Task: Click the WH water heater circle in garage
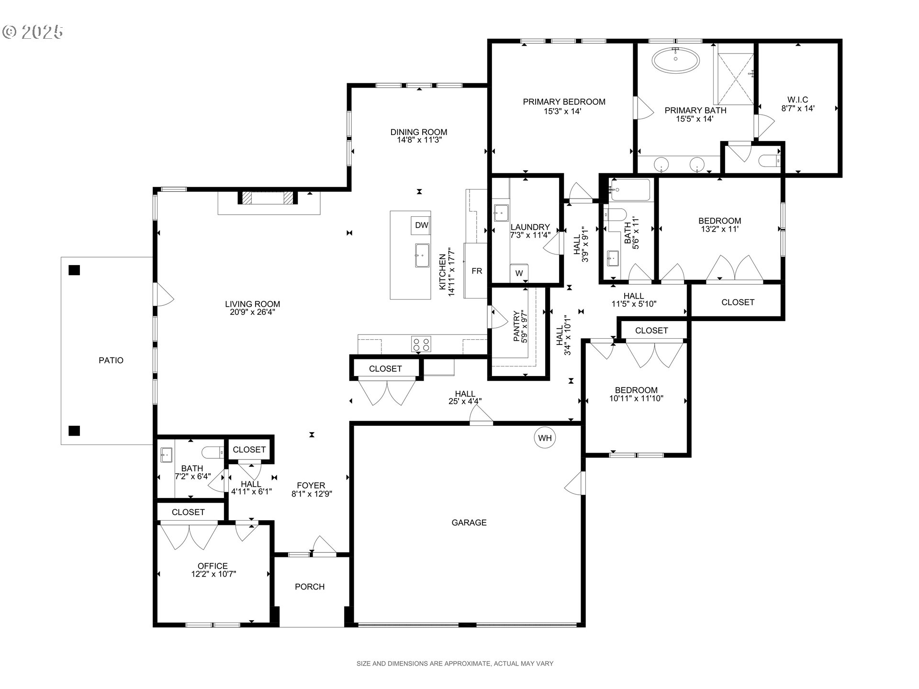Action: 545,438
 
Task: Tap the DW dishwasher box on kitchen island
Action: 421,225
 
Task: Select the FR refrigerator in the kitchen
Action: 476,271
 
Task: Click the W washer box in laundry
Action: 519,273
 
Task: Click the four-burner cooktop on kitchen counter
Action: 421,344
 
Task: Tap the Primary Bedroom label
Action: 564,102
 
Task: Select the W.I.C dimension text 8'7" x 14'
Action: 798,109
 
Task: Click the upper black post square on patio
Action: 74,270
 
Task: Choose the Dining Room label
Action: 419,132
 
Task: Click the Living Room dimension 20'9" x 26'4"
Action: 252,312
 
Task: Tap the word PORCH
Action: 310,587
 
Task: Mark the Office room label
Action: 213,566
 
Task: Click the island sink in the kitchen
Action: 423,256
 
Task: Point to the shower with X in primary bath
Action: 733,75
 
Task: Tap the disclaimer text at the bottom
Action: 455,664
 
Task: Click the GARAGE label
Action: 469,522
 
